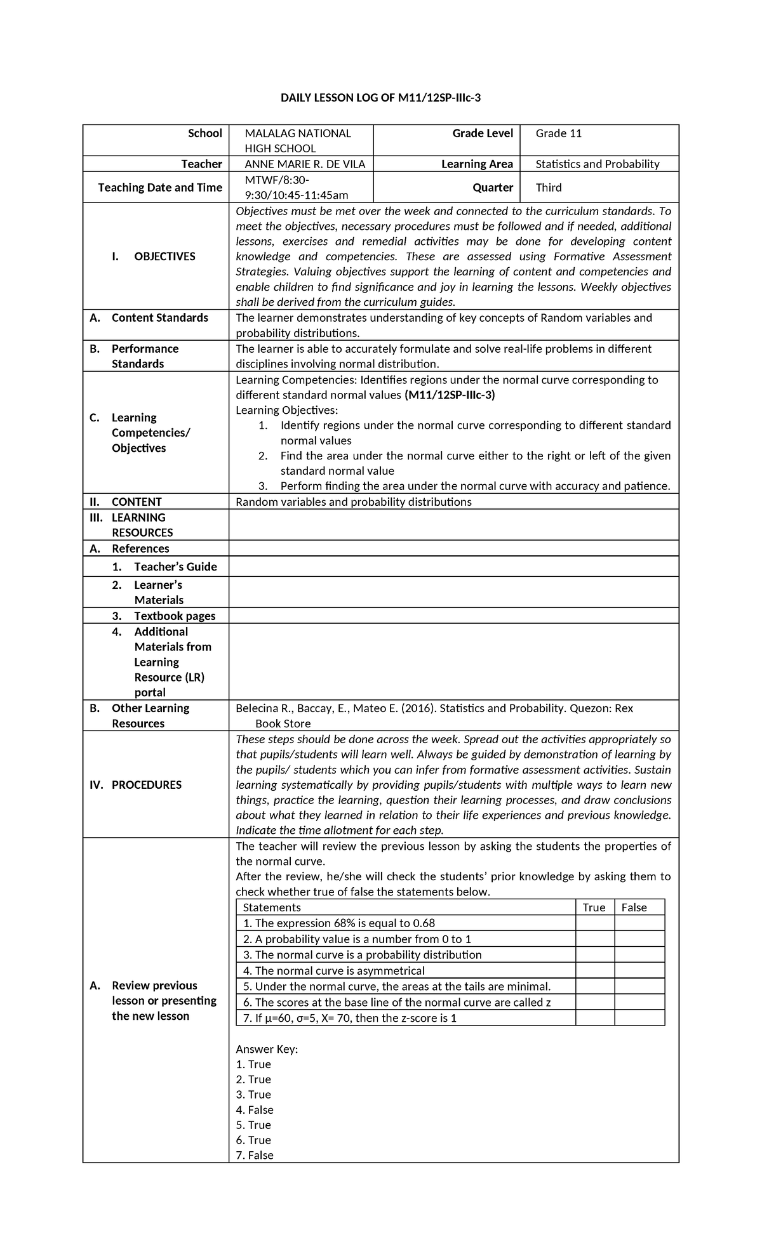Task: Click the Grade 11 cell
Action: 558,133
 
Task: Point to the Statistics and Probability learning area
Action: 597,164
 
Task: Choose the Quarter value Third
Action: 548,187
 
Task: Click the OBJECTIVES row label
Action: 164,256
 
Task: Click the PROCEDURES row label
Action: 146,784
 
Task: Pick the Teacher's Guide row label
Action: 175,567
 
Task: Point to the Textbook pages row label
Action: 174,616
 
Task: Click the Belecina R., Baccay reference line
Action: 434,708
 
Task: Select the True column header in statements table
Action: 594,907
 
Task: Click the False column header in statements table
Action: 634,907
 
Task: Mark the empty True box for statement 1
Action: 594,923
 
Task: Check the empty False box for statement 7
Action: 639,1018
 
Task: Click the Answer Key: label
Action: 266,1049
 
